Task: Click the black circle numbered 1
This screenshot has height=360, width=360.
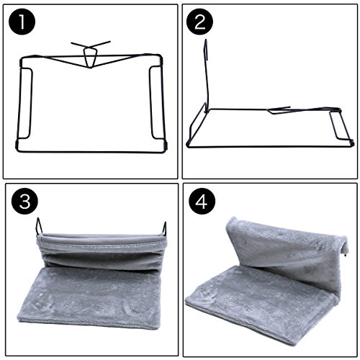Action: pos(22,22)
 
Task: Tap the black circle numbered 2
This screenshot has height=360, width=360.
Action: pos(199,22)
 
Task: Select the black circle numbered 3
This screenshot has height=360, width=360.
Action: pos(24,201)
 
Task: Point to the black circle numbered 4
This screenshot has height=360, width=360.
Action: pos(202,201)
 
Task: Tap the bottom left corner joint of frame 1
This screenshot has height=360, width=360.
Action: pos(17,145)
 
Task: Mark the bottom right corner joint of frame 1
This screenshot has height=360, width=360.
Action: pos(166,145)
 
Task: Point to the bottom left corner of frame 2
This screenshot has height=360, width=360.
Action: pos(188,145)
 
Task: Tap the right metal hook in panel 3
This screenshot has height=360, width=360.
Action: pos(165,228)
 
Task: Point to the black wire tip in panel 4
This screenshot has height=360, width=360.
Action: pos(345,256)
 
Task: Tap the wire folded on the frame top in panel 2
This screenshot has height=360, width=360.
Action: pos(279,110)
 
